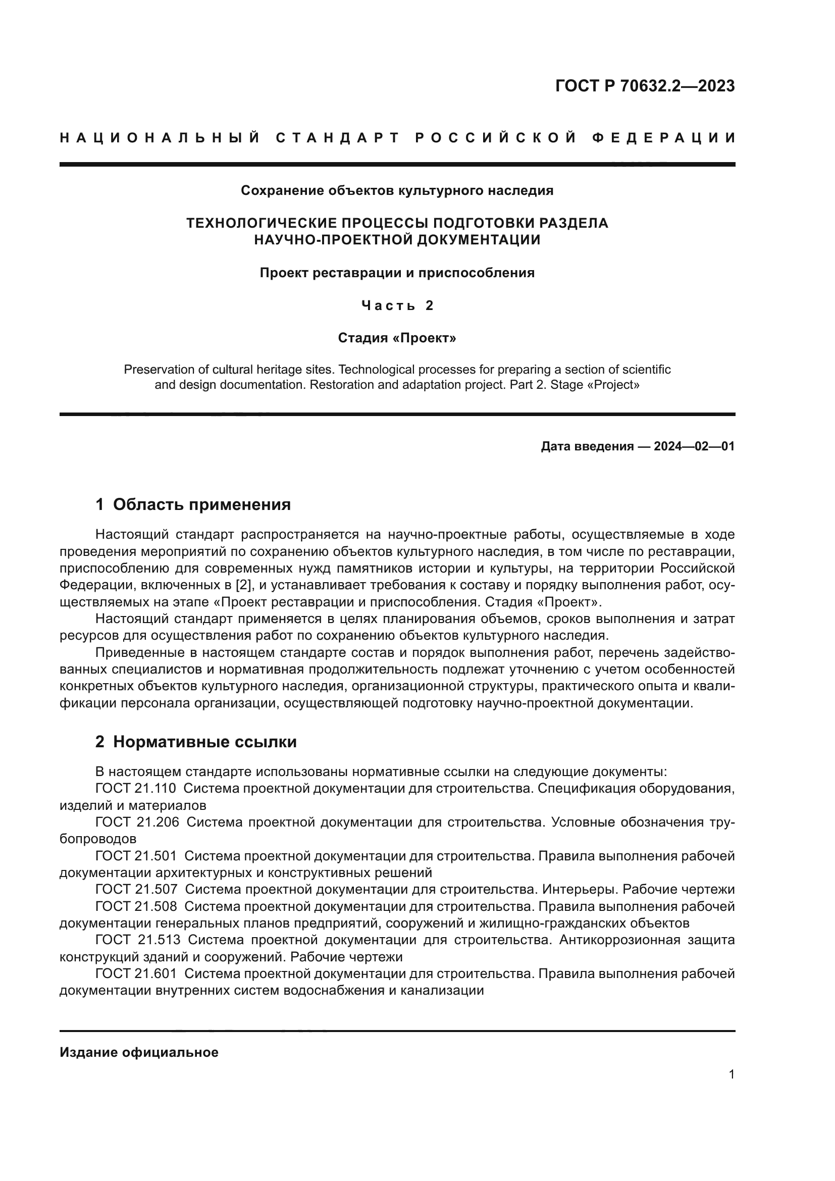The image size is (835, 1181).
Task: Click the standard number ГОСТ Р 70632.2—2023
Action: [645, 86]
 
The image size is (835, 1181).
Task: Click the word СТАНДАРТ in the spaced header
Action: [338, 138]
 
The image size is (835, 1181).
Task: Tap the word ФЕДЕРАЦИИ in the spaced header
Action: [664, 138]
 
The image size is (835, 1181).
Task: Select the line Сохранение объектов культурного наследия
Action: [397, 191]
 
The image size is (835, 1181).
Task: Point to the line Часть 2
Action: [397, 305]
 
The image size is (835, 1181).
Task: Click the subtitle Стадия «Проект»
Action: [397, 338]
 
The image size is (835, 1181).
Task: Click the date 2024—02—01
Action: [694, 446]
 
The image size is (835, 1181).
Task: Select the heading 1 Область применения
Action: [193, 504]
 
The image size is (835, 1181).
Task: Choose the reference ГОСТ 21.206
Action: [137, 822]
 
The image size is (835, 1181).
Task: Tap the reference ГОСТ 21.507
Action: [136, 889]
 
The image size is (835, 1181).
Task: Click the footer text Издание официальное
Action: [139, 1052]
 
